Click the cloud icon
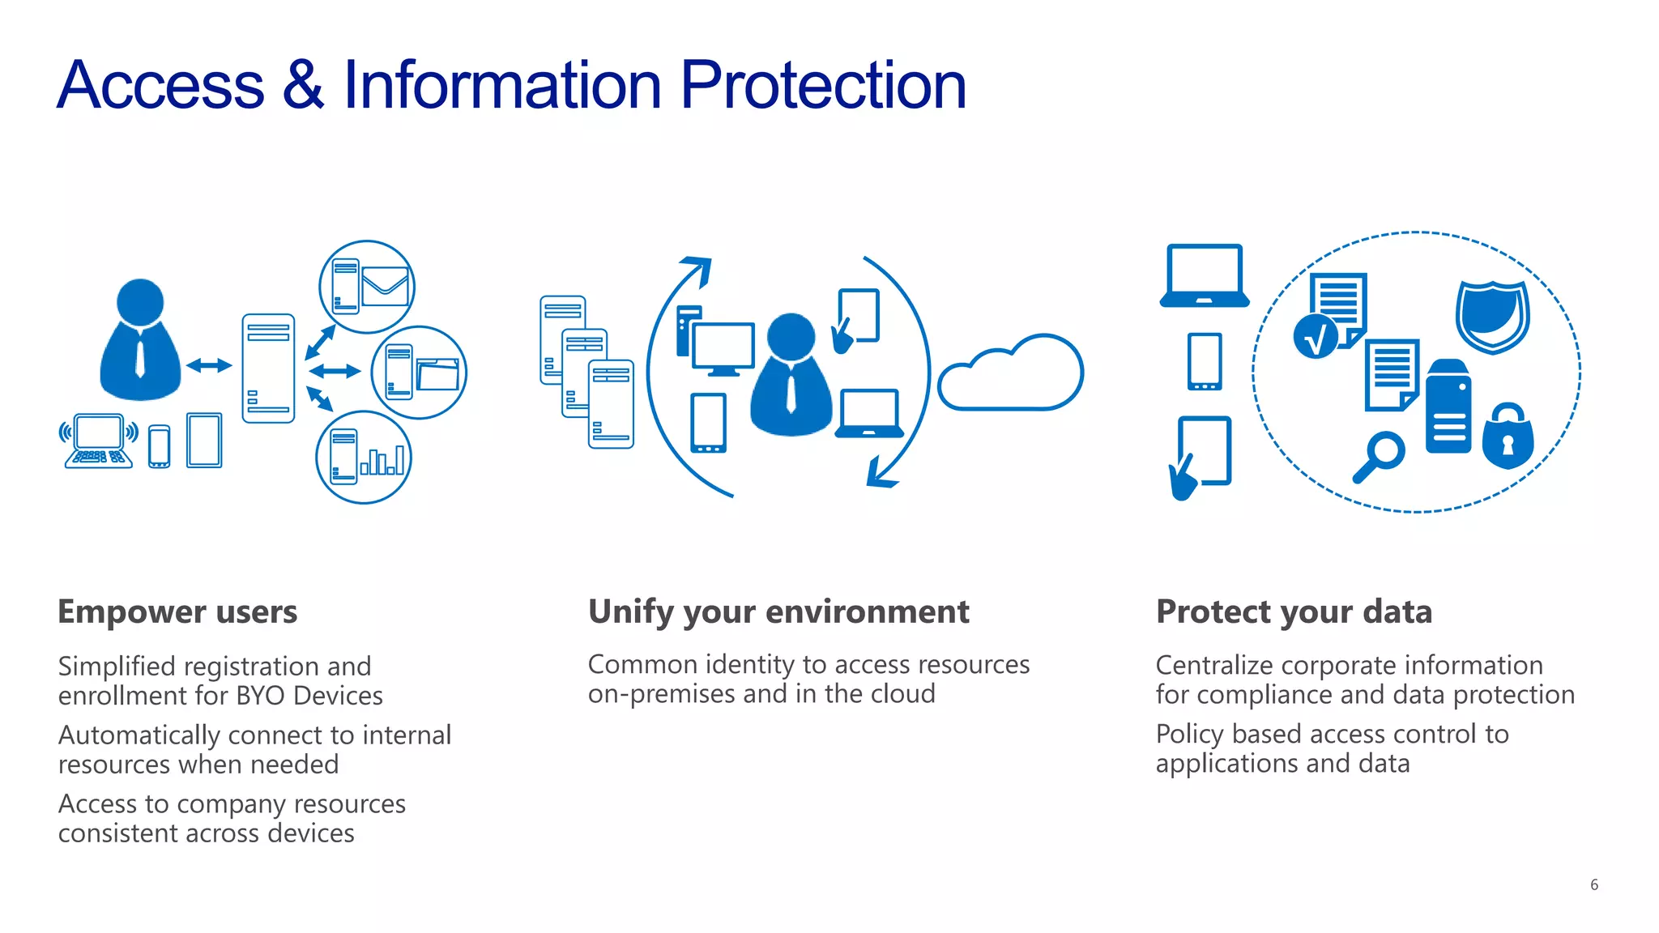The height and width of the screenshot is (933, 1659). [x=1011, y=375]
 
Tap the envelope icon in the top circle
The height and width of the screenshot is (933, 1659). [x=385, y=287]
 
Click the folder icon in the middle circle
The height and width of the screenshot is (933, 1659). [x=437, y=374]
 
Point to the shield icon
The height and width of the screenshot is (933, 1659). [x=1492, y=317]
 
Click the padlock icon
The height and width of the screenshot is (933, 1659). [x=1508, y=437]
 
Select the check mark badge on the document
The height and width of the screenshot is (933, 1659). [x=1316, y=337]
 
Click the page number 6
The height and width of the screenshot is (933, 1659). [x=1593, y=884]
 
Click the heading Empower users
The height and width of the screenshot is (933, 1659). [x=177, y=611]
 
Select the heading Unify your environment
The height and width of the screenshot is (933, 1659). [x=778, y=611]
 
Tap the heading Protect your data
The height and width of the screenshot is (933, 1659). [x=1294, y=611]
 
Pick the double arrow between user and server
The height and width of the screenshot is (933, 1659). [x=209, y=366]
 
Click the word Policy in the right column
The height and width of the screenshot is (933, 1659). [x=1189, y=734]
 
